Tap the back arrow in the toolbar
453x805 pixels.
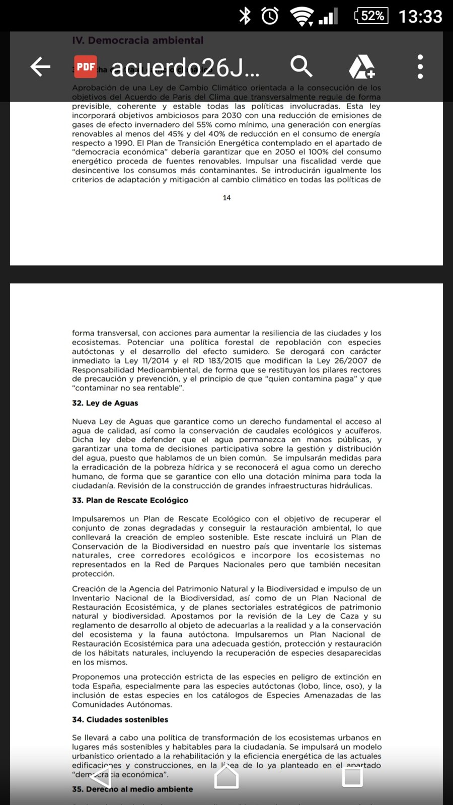[40, 66]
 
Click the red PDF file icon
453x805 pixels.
[86, 66]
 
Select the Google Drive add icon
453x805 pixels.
[362, 66]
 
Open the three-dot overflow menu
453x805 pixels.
[420, 66]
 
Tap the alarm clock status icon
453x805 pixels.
[270, 16]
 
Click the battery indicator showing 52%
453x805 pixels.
[371, 16]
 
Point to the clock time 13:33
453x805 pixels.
[420, 16]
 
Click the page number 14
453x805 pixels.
[226, 198]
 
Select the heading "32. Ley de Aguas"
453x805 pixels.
[105, 403]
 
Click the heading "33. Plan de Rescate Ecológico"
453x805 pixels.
[130, 500]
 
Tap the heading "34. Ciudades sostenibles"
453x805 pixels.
[120, 719]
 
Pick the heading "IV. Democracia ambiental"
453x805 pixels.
[138, 40]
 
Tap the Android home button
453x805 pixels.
[226, 777]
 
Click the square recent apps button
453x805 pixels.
[352, 777]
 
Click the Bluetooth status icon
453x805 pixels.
[245, 16]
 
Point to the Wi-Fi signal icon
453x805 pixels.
[301, 17]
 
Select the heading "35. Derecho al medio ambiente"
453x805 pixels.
[132, 789]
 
